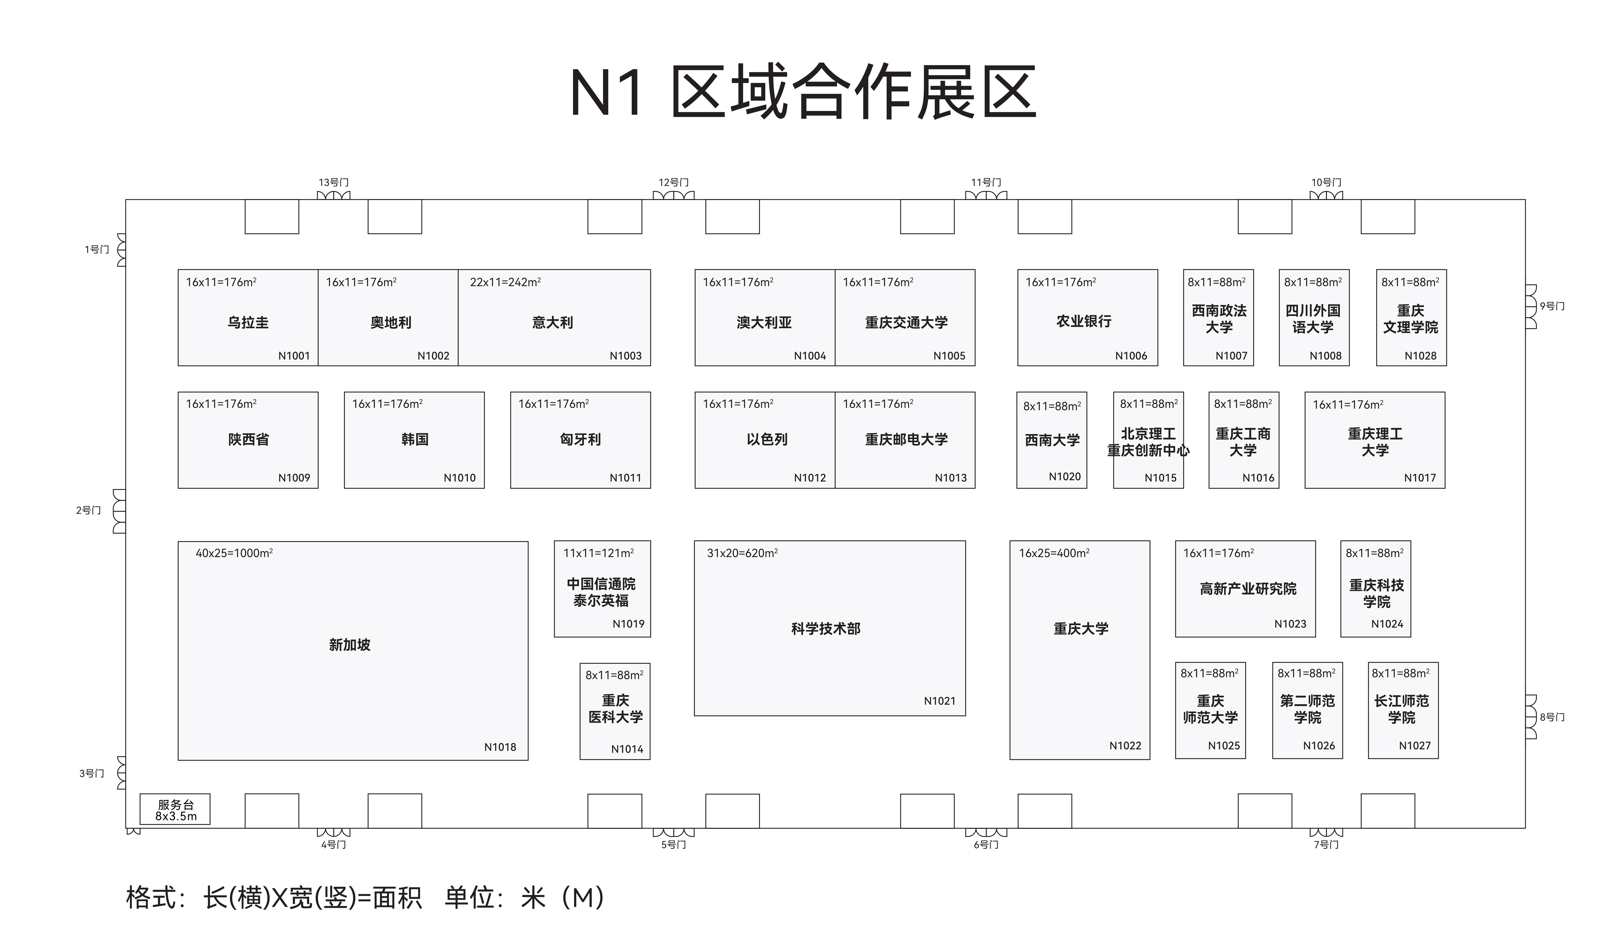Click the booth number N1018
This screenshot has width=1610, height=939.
click(x=500, y=747)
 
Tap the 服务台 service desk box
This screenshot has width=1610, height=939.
click(x=175, y=809)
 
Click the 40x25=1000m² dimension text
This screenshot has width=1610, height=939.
click(x=234, y=553)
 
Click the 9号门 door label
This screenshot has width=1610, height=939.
click(x=1552, y=306)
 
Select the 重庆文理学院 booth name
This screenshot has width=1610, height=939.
click(x=1411, y=319)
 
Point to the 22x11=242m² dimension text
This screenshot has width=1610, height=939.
click(x=505, y=282)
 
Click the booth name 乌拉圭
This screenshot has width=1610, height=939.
click(x=248, y=323)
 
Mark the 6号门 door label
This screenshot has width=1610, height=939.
click(x=986, y=844)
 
